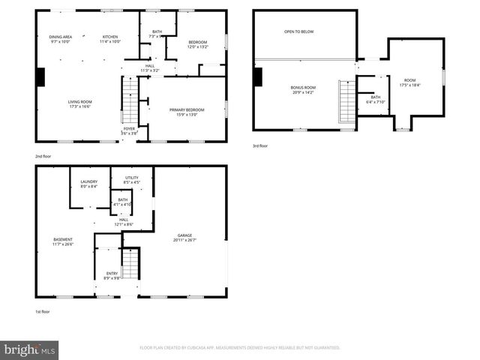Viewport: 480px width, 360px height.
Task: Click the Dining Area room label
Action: (x=60, y=37)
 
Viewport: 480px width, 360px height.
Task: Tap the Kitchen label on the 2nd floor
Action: (x=110, y=37)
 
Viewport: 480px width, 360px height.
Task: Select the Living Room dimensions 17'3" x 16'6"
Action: (x=79, y=106)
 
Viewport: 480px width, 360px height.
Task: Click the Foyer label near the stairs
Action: (x=129, y=128)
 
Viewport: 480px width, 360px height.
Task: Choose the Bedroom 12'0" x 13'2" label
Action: (x=196, y=43)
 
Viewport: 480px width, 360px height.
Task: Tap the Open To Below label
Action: (x=298, y=32)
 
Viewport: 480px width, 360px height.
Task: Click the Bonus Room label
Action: (x=303, y=88)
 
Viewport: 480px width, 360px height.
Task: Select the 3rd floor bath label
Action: (x=375, y=97)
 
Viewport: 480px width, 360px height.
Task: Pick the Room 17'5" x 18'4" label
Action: (x=409, y=80)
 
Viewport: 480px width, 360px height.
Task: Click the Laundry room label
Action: (x=89, y=182)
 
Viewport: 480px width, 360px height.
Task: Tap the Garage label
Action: (x=184, y=235)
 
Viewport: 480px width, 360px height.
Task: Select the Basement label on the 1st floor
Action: (x=62, y=240)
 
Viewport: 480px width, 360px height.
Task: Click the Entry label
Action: (x=112, y=274)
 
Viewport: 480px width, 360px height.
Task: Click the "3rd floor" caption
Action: (x=259, y=145)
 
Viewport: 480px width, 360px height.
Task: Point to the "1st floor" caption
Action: (x=42, y=311)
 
